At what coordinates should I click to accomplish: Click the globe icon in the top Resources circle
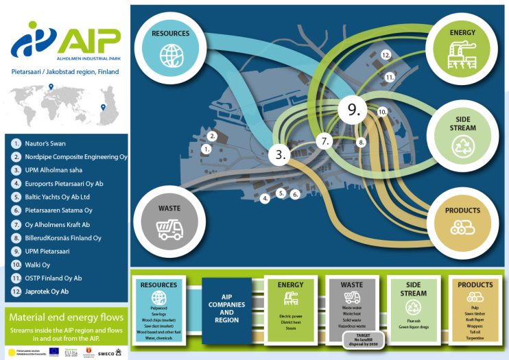click(x=167, y=53)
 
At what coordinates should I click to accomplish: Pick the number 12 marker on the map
click(x=386, y=54)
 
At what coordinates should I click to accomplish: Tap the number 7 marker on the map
click(x=326, y=142)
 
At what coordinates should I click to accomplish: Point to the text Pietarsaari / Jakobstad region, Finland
click(x=65, y=71)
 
